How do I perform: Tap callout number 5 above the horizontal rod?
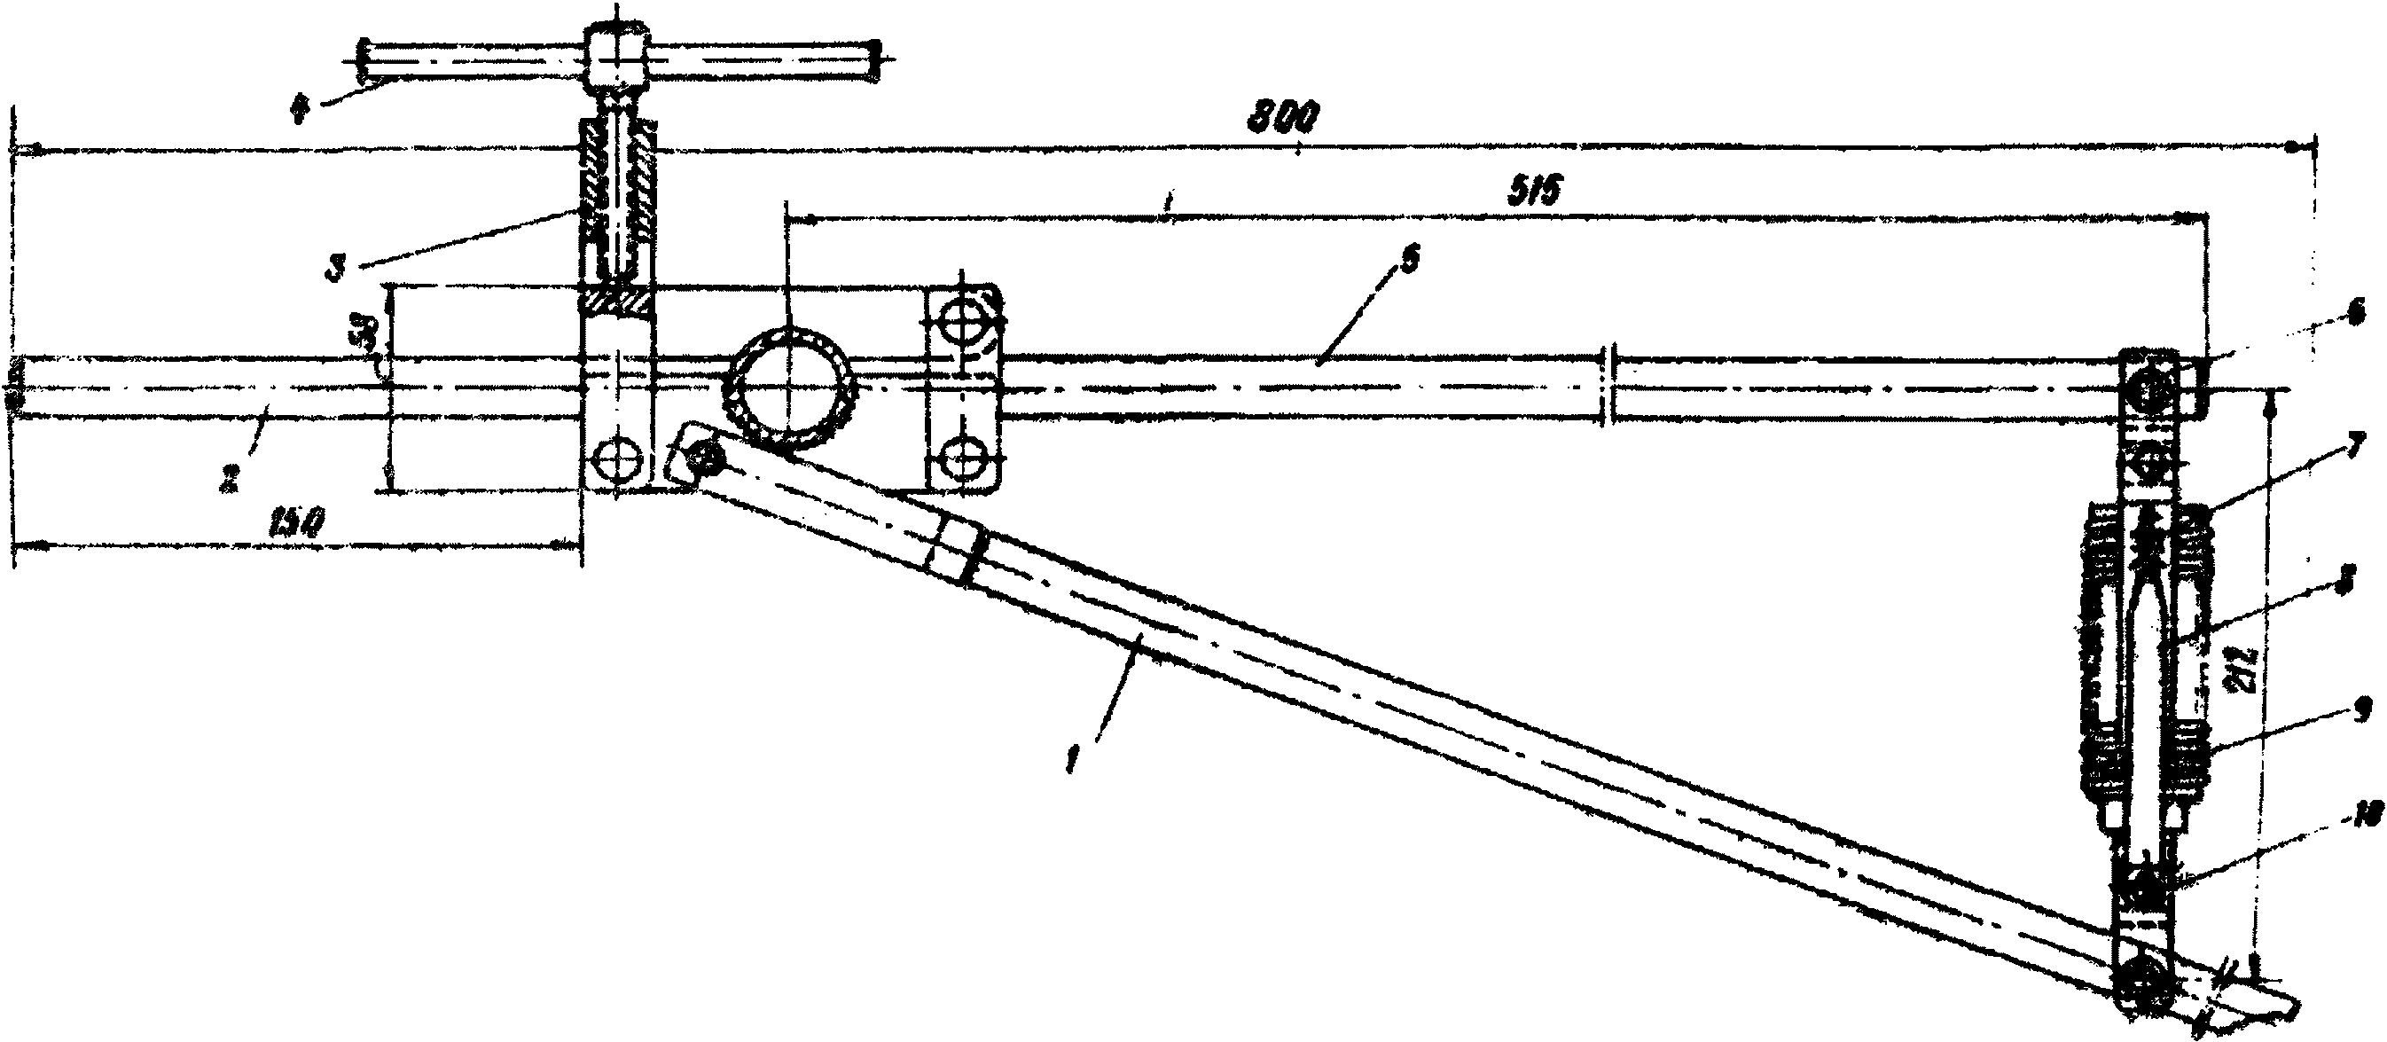coord(1406,262)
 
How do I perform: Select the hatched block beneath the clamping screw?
coord(617,301)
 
